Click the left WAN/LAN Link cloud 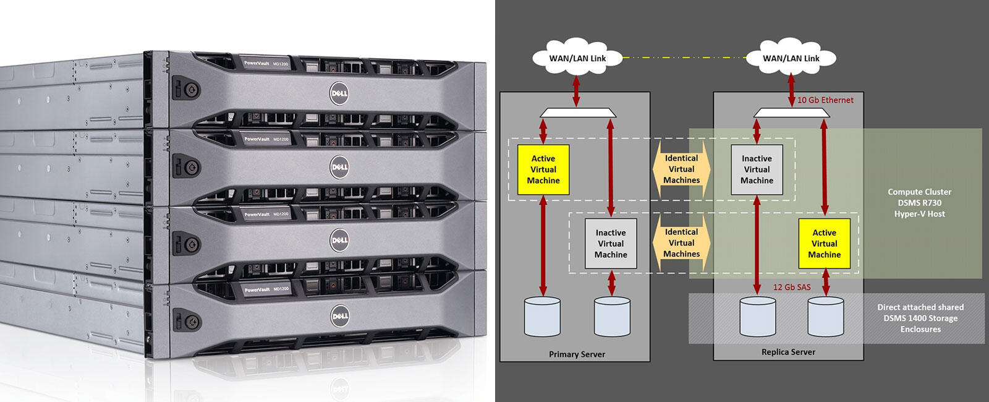tap(577, 59)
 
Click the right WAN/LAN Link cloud tap(791, 59)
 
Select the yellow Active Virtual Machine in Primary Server tap(543, 169)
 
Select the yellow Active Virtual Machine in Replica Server tap(824, 244)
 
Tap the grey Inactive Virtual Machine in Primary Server tap(611, 244)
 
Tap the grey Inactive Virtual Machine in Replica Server tap(757, 169)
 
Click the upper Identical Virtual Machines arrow tap(681, 169)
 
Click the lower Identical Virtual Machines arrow tap(681, 243)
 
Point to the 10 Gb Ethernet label tap(825, 100)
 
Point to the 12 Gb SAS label tap(792, 288)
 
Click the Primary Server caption tap(577, 354)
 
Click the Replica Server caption tap(788, 352)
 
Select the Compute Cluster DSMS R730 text tap(919, 203)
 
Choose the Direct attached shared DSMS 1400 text tap(920, 318)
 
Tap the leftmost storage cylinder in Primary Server tap(542, 317)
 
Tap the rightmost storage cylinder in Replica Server tap(825, 317)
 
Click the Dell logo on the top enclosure tap(339, 93)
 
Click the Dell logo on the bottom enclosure tap(339, 315)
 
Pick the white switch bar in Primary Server tap(578, 113)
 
